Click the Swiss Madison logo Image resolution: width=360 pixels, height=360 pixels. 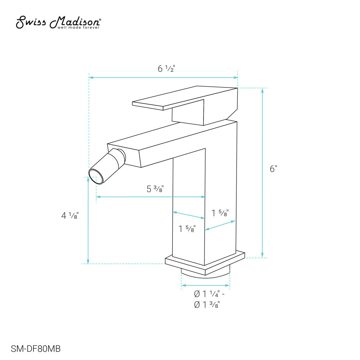pos(58,22)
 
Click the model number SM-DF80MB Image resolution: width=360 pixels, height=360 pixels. pos(36,349)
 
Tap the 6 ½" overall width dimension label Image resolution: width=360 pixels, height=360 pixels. pos(166,68)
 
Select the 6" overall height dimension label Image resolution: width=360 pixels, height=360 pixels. pos(274,169)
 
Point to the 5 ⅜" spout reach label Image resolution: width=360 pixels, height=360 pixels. pos(155,189)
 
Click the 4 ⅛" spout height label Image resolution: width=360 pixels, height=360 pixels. pos(70,215)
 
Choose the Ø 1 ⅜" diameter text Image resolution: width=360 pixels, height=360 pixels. pos(207,305)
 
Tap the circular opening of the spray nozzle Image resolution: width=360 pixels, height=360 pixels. pos(96,177)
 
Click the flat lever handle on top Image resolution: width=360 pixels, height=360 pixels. pos(185,98)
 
